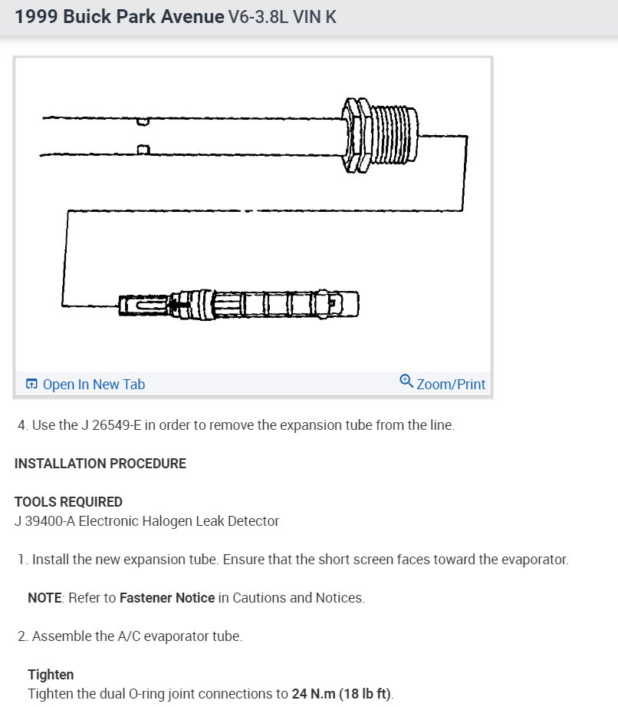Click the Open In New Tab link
pos(94,385)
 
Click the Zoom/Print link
pos(451,384)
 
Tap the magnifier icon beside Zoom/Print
pos(406,381)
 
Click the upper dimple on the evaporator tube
pos(142,121)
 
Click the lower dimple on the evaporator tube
pos(142,149)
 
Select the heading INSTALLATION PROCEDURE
pos(100,464)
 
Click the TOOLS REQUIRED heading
pos(68,502)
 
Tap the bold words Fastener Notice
pos(167,598)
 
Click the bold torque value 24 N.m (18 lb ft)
pos(341,694)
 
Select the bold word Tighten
pos(51,675)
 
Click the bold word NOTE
pos(44,598)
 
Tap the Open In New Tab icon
pos(31,385)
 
